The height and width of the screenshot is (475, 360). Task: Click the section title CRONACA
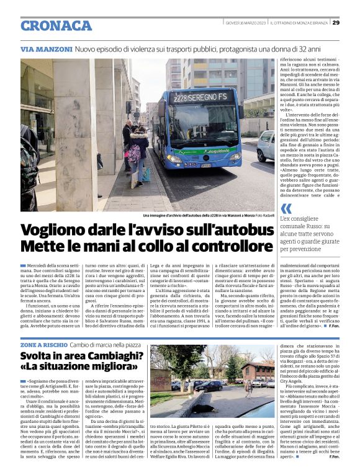(56, 25)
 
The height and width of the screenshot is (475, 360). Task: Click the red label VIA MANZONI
(46, 48)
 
